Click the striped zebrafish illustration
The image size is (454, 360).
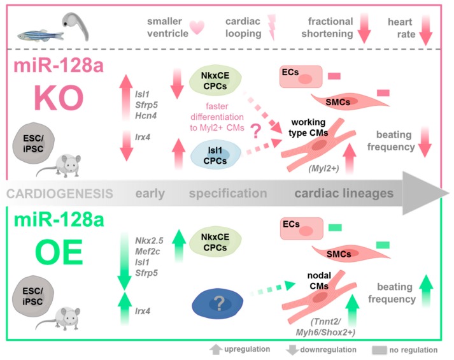pyautogui.click(x=41, y=36)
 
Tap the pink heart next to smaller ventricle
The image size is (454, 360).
pyautogui.click(x=197, y=28)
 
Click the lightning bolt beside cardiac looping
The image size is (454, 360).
pyautogui.click(x=272, y=27)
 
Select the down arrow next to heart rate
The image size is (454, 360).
pyautogui.click(x=425, y=30)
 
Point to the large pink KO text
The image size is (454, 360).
pyautogui.click(x=59, y=98)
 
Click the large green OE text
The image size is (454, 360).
pyautogui.click(x=59, y=252)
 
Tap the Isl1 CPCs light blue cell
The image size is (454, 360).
pyautogui.click(x=215, y=155)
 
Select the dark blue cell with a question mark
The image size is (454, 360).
pyautogui.click(x=217, y=303)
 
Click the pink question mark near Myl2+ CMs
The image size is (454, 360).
pyautogui.click(x=256, y=131)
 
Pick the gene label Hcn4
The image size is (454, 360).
pyautogui.click(x=146, y=116)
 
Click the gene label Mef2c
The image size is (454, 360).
pyautogui.click(x=147, y=252)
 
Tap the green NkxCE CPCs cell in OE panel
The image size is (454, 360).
pyautogui.click(x=215, y=242)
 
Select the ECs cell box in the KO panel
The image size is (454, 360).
pyautogui.click(x=301, y=76)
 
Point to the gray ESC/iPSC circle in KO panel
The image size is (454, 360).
pyautogui.click(x=33, y=143)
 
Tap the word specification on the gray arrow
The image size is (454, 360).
pyautogui.click(x=228, y=194)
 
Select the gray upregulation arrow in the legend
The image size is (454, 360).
pyautogui.click(x=216, y=350)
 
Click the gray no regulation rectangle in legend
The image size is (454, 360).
pyautogui.click(x=380, y=350)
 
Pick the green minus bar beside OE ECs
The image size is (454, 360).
pyautogui.click(x=335, y=227)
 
